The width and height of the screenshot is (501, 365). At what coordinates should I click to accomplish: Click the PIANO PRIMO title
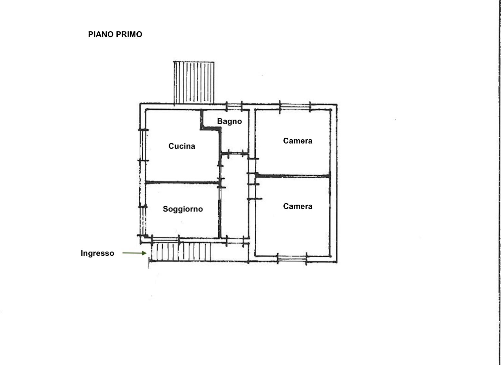click(x=115, y=34)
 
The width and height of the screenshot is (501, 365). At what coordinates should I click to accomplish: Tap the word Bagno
click(x=229, y=122)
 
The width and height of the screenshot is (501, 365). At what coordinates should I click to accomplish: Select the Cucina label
click(x=182, y=146)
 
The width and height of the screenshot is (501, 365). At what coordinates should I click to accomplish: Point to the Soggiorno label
click(x=183, y=209)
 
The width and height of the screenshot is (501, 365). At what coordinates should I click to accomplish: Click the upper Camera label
click(x=298, y=141)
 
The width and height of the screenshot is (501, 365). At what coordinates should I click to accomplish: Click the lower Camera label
click(x=298, y=206)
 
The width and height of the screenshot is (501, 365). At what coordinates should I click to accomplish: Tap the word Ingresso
click(x=97, y=253)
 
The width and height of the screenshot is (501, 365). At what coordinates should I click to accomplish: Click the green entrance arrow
click(x=134, y=253)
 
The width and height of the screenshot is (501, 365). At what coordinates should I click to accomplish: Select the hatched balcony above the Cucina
click(x=194, y=83)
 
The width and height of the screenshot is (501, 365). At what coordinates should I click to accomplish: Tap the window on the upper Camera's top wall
click(x=295, y=107)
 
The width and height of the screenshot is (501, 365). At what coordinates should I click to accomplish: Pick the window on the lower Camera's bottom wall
click(x=292, y=259)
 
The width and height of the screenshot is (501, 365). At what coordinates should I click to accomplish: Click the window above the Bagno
click(x=234, y=107)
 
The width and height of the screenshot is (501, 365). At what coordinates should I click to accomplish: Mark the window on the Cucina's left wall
click(x=143, y=145)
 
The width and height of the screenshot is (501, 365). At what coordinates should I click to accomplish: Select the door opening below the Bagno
click(x=235, y=154)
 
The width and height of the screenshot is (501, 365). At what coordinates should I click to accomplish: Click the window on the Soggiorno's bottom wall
click(x=165, y=240)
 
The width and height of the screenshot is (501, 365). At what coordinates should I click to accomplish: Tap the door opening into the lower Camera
click(x=253, y=192)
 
